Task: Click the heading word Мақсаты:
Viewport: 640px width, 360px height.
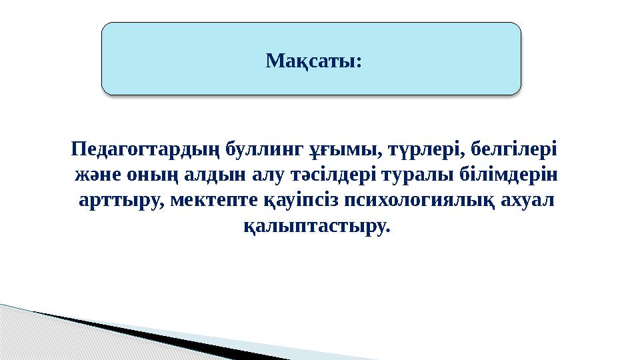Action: click(313, 61)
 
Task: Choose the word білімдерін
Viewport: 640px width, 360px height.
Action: click(514, 175)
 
